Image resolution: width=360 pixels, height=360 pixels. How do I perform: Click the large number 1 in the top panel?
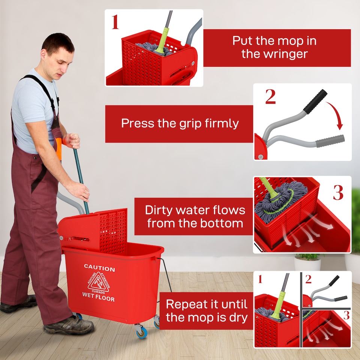[115, 22]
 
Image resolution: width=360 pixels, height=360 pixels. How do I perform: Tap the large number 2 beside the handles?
[270, 97]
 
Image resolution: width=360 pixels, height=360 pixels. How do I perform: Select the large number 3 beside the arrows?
[338, 193]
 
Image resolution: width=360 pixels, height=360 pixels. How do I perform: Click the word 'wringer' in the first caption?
[274, 54]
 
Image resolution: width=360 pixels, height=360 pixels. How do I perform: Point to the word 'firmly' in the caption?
[222, 123]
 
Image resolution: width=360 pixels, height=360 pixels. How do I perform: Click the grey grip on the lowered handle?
[330, 141]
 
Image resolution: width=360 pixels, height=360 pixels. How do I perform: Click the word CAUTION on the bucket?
[99, 268]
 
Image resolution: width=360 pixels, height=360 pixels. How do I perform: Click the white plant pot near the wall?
[307, 264]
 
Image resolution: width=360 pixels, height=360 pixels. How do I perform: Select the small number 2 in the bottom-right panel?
[308, 279]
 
